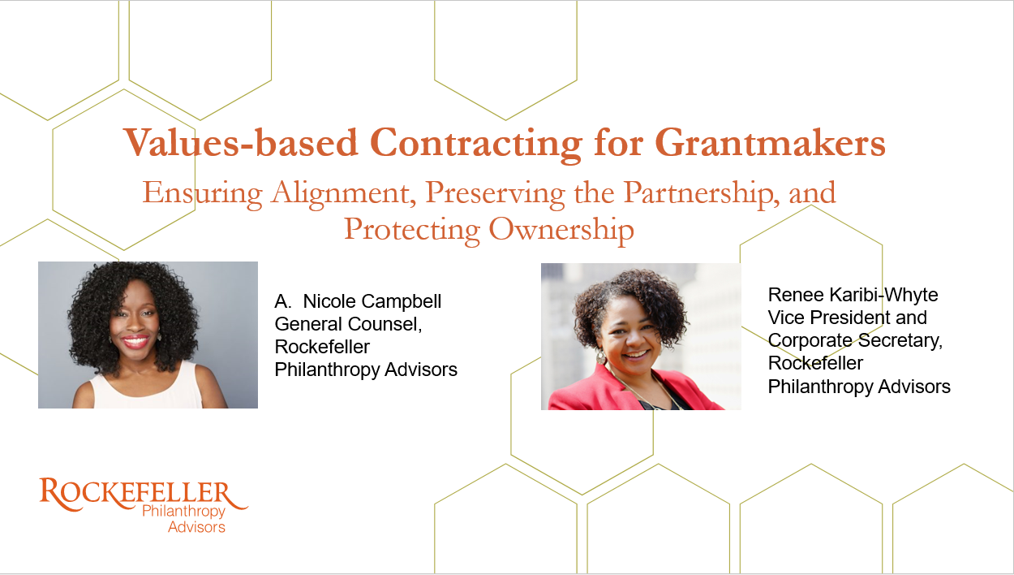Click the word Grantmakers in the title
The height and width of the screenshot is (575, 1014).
tap(770, 143)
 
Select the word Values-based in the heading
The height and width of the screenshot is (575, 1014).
tap(241, 142)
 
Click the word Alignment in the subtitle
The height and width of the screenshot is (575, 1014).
tap(344, 193)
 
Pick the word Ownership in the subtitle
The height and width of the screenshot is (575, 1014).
tap(561, 230)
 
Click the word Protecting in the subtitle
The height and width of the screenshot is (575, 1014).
tap(412, 230)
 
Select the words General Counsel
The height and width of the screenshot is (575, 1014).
tap(348, 324)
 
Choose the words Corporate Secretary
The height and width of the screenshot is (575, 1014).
tap(855, 341)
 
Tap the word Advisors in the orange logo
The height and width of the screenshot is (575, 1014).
tap(196, 527)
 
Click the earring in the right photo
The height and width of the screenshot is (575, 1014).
tap(601, 357)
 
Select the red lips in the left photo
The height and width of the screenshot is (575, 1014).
tap(135, 341)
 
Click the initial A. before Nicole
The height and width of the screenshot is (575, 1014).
tap(283, 302)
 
